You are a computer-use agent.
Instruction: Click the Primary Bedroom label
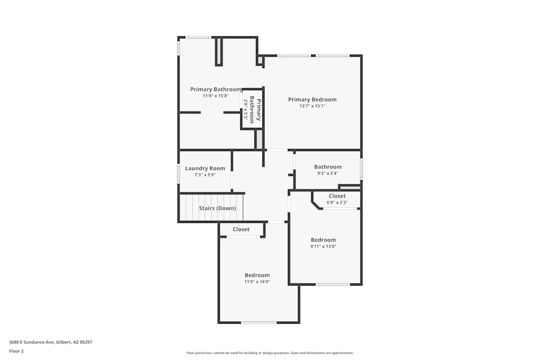312,99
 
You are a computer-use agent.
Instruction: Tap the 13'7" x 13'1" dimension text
312,106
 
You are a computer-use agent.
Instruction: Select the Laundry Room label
205,168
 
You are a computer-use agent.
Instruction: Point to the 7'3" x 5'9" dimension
205,175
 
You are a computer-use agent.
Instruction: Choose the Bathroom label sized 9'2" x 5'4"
328,167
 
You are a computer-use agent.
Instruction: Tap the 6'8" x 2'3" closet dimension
337,203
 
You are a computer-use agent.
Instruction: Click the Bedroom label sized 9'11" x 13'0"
323,240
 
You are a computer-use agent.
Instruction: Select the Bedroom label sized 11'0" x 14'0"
257,275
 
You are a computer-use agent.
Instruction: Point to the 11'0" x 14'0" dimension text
257,282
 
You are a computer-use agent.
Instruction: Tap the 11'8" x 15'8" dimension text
215,96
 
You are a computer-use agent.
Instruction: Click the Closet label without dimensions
241,229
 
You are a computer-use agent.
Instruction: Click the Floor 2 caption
16,351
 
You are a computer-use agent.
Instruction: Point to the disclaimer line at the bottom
270,353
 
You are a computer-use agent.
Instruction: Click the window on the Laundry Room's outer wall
179,173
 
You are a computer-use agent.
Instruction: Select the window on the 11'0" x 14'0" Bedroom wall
259,323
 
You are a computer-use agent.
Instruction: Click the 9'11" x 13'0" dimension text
323,246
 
